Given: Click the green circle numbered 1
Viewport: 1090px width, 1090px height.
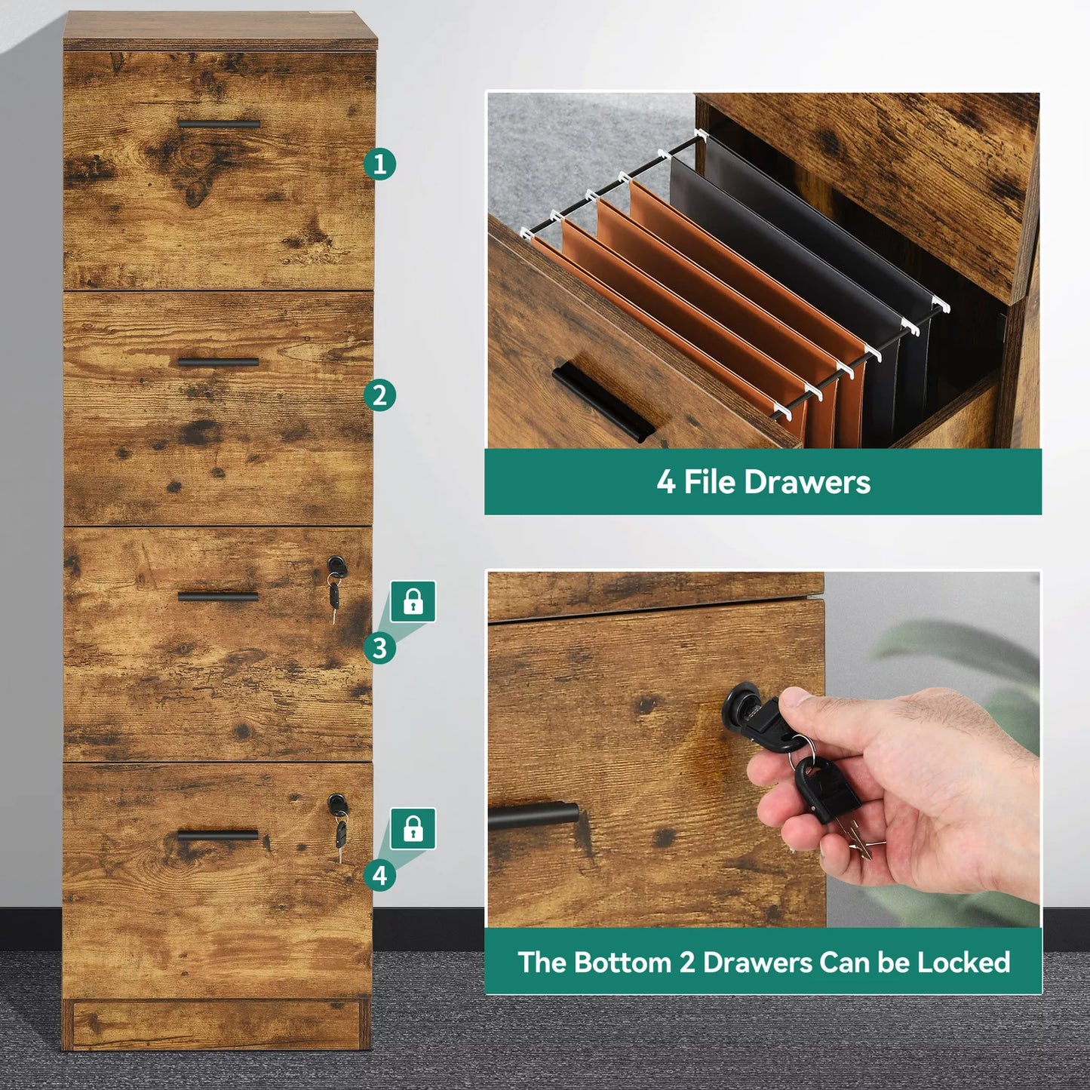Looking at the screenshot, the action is [x=379, y=164].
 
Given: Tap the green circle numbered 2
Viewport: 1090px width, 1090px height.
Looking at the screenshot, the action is [x=379, y=395].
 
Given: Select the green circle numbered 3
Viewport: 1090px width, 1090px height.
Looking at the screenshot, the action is [x=379, y=648].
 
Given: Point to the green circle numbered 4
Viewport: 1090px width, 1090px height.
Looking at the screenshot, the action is [x=379, y=875].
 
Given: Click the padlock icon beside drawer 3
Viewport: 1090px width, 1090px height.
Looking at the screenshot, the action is [x=413, y=601].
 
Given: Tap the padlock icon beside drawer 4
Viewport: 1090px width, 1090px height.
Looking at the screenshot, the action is [x=413, y=829].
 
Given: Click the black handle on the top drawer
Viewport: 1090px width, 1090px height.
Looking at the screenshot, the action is [x=219, y=124].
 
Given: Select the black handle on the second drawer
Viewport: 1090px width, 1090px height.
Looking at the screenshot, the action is [x=218, y=362].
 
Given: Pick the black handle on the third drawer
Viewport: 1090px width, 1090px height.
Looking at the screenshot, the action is [x=218, y=596].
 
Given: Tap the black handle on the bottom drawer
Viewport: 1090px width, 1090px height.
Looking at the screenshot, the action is [x=218, y=835].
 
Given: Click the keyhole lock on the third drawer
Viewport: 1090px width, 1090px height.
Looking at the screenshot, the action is [x=335, y=564].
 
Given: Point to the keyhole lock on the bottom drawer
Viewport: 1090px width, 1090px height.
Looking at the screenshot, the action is [x=336, y=802].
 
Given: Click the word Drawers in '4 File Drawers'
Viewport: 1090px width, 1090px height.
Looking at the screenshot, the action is [x=806, y=483].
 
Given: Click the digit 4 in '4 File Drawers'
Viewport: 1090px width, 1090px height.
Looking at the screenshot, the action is [x=665, y=483].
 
